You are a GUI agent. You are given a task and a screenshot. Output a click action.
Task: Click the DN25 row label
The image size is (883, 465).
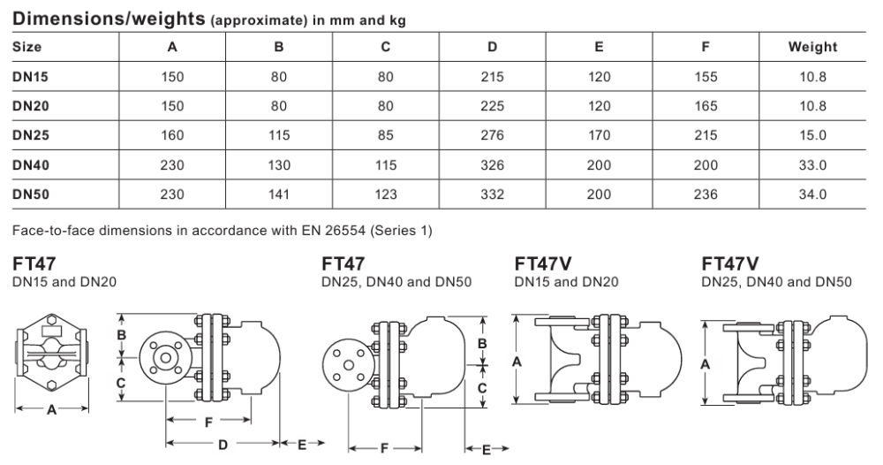30,135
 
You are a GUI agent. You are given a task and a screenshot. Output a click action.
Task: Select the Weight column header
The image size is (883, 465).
812,47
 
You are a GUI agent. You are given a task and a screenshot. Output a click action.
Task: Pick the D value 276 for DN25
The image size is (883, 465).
492,135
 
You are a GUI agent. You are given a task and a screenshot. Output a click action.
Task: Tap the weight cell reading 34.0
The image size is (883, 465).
812,194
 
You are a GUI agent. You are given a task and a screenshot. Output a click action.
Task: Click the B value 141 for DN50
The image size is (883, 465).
279,194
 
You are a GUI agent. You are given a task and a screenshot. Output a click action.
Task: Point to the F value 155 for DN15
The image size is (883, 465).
706,77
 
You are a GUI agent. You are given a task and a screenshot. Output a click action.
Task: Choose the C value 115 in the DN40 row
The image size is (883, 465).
385,165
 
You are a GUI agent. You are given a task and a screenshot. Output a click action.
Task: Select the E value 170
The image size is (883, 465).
599,135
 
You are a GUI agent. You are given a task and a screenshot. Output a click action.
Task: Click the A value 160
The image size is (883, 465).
172,135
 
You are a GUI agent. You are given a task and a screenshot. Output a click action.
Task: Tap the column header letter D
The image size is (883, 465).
492,47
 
